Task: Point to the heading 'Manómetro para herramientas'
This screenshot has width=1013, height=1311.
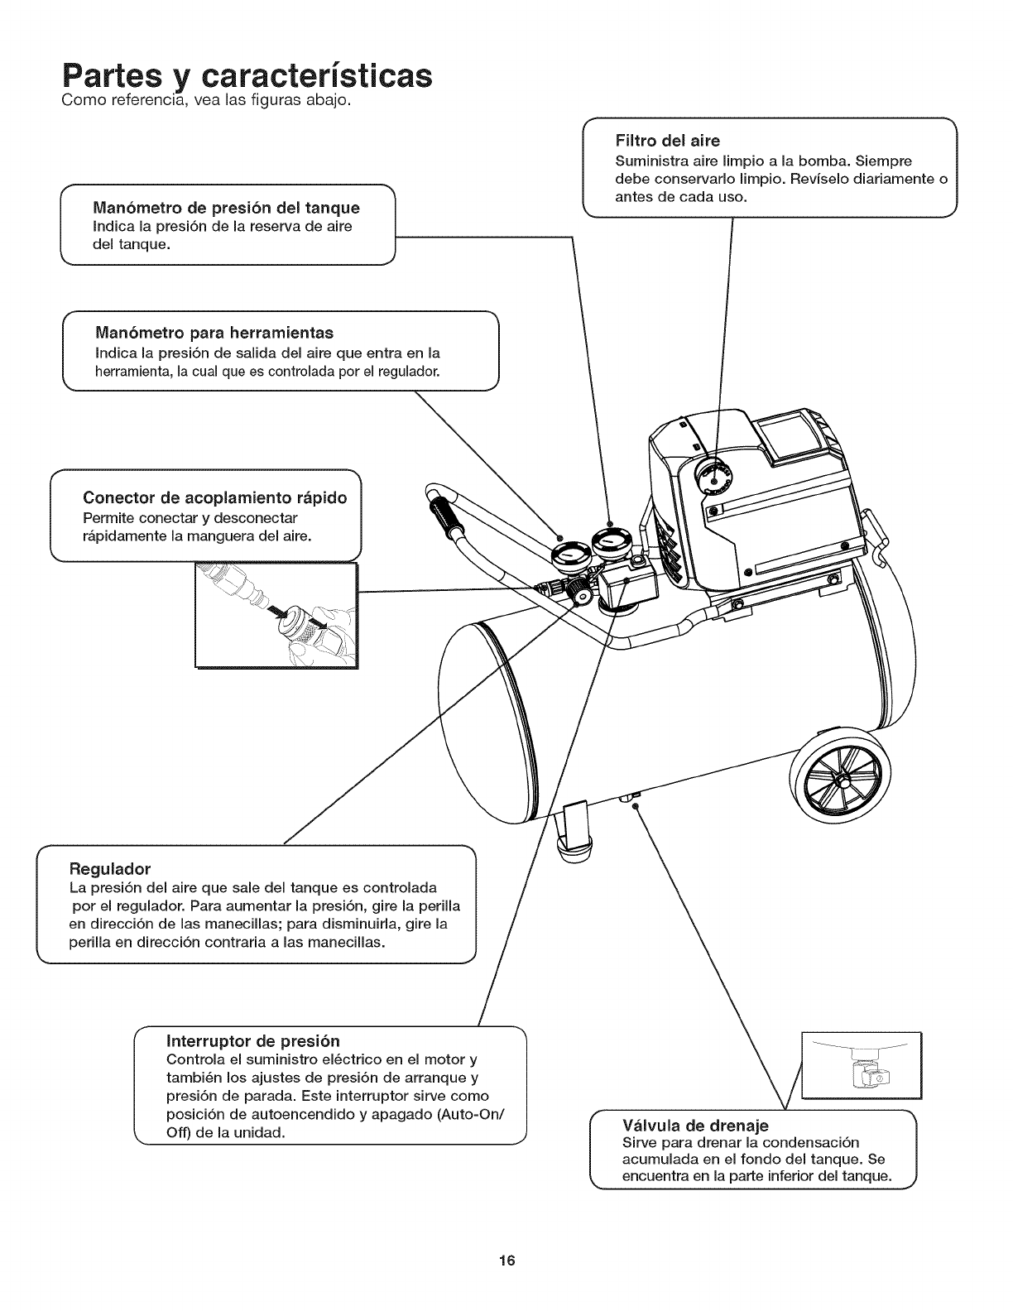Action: point(214,333)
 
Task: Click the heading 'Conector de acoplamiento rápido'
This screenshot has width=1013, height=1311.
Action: point(214,497)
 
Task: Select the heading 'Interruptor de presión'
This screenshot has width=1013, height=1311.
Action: point(253,1040)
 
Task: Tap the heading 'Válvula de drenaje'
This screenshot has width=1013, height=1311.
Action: point(694,1126)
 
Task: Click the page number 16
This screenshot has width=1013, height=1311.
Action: point(506,1261)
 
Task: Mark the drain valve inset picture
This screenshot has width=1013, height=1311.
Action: point(862,1064)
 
